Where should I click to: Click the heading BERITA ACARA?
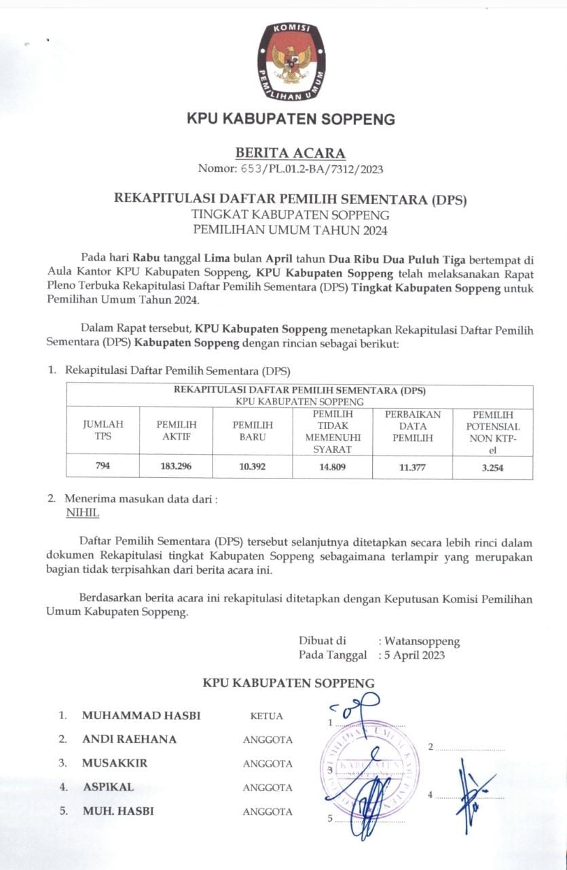[x=290, y=153]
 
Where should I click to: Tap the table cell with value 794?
[x=103, y=467]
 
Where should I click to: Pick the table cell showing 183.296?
[x=176, y=467]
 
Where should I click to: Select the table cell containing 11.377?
[x=413, y=467]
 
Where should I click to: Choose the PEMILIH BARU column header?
[x=249, y=430]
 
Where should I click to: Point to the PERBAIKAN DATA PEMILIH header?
[x=413, y=426]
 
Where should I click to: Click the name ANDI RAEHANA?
[x=129, y=739]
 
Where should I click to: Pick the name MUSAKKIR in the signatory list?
[x=114, y=763]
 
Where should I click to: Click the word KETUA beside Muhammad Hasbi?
[x=266, y=716]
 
